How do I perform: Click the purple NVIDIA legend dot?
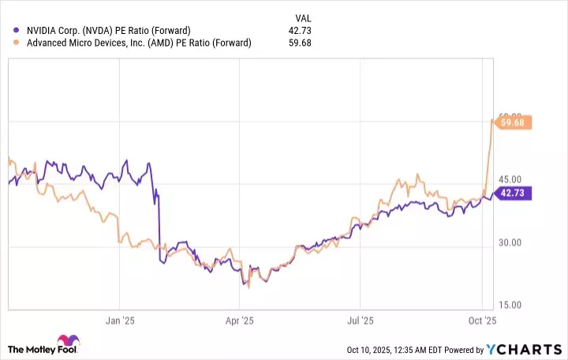(x=17, y=31)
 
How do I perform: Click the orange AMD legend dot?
(x=17, y=43)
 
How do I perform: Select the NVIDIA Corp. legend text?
(x=106, y=31)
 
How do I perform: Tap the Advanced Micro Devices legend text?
(x=138, y=43)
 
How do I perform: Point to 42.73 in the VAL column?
(x=301, y=31)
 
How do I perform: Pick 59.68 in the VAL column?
(x=301, y=43)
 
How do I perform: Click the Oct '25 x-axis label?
(x=483, y=321)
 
